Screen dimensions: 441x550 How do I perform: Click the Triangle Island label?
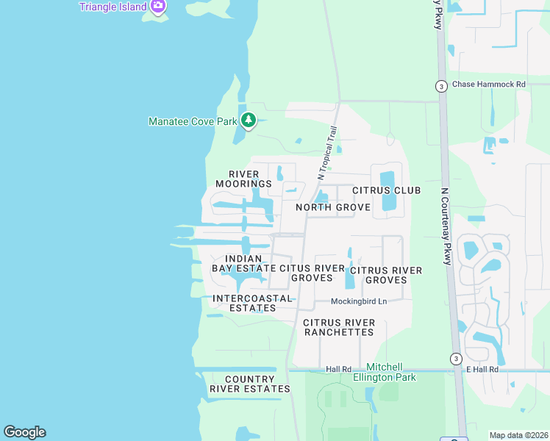click(x=113, y=7)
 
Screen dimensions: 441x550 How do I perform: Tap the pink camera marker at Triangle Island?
click(x=157, y=7)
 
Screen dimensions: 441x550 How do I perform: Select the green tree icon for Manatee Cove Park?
click(x=249, y=121)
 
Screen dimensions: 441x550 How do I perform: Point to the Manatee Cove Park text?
click(x=193, y=121)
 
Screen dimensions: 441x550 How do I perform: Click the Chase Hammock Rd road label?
click(x=489, y=85)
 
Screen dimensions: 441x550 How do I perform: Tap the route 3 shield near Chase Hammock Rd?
click(x=440, y=85)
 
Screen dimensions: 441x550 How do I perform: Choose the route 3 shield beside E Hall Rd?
click(x=456, y=359)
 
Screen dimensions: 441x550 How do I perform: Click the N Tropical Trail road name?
click(x=327, y=153)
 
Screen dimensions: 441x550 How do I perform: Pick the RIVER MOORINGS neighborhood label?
click(x=243, y=179)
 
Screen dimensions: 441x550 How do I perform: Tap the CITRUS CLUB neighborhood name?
click(x=387, y=190)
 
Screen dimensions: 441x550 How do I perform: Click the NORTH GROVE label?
click(x=332, y=208)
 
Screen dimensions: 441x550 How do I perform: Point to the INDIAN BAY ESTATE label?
click(x=243, y=263)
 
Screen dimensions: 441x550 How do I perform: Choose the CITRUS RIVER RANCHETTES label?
click(x=339, y=327)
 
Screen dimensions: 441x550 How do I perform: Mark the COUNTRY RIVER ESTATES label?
click(x=249, y=384)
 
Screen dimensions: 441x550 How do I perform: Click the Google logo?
click(x=24, y=432)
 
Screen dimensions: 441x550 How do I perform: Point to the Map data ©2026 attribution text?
click(x=518, y=435)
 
